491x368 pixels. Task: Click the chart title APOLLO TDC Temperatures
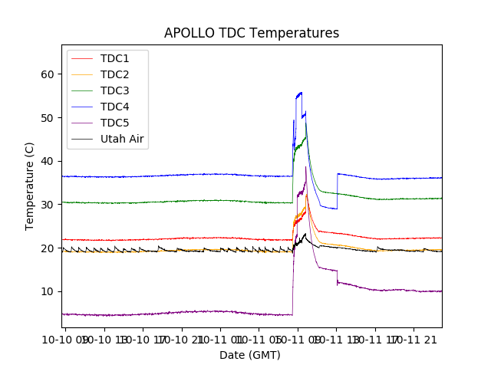click(x=252, y=33)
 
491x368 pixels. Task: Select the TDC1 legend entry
click(x=115, y=59)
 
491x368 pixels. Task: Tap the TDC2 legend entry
click(x=115, y=75)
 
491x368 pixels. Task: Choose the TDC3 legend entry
click(x=115, y=91)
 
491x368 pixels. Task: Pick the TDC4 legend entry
click(x=115, y=107)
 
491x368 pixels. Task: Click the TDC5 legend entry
click(x=115, y=123)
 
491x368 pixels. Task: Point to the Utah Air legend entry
click(x=123, y=140)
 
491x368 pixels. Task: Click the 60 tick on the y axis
click(x=48, y=74)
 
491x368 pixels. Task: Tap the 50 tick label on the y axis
click(x=48, y=118)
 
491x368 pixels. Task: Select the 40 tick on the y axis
click(x=48, y=161)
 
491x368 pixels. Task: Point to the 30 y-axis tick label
click(x=48, y=205)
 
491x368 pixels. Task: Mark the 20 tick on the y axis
click(x=48, y=248)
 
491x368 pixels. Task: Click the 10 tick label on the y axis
click(x=48, y=291)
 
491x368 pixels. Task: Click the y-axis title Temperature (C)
click(x=29, y=186)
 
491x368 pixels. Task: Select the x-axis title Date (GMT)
click(x=250, y=355)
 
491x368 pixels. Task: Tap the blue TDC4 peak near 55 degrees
click(x=299, y=93)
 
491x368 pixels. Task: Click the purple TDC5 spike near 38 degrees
click(x=306, y=167)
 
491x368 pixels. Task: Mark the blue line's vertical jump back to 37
click(x=337, y=190)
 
